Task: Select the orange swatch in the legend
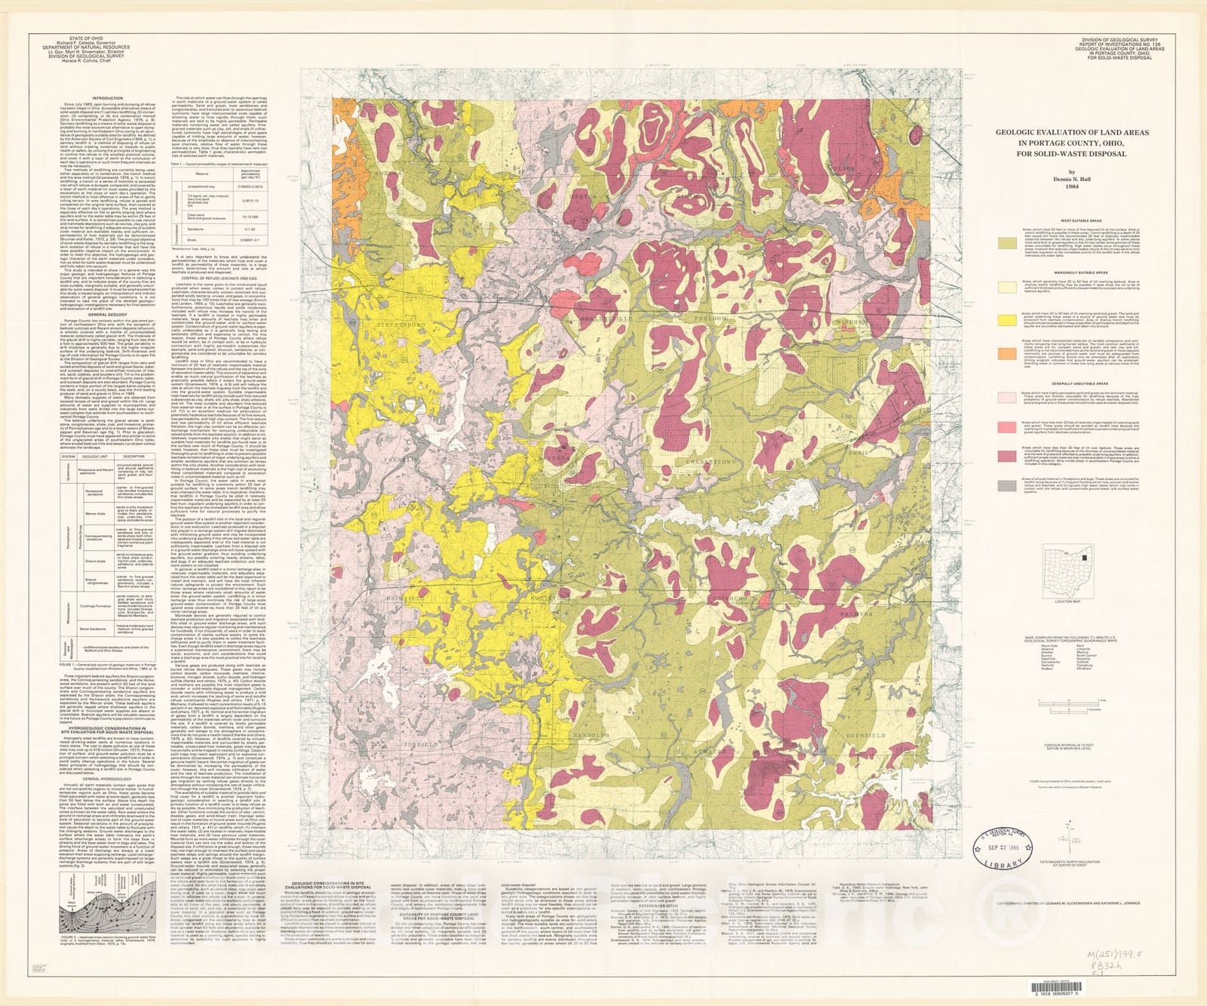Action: tap(1006, 353)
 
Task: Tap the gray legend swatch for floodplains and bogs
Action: tap(1006, 485)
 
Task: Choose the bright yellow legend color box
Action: tap(1006, 321)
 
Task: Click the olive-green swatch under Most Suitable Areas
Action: tap(1006, 244)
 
